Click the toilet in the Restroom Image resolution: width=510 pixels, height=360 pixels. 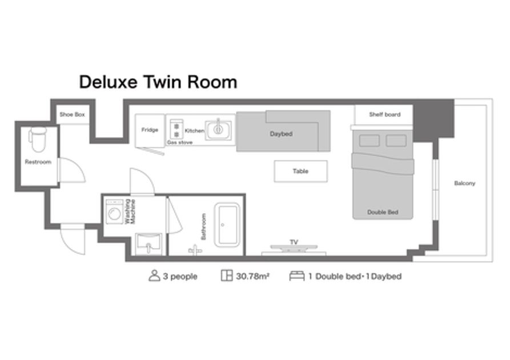pos(38,139)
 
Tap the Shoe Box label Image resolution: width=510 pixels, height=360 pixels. pos(72,115)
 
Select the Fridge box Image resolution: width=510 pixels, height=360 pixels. pos(150,130)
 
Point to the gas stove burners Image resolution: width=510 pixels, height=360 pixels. pos(176,130)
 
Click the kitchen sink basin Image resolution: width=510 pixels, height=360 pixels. pos(218,130)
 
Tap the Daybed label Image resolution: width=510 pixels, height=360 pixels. pos(281,134)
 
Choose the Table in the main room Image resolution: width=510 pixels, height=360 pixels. pos(300,171)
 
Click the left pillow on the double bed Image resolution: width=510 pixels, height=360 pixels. pos(369,141)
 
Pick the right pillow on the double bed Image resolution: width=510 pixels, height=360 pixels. pos(396,141)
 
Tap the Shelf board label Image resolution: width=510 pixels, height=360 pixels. pos(385,115)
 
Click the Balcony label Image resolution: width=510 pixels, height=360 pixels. pos(465,183)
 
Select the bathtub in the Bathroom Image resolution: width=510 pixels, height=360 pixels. pos(227,225)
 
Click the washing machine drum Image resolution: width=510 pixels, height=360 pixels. pos(114,214)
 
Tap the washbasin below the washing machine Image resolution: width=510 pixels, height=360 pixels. pos(148,243)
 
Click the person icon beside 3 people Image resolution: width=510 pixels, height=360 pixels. pos(154,275)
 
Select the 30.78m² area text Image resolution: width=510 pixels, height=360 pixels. pos(253,277)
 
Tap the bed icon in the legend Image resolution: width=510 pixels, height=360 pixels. pos(297,275)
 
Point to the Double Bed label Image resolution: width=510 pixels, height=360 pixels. pos(383,212)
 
